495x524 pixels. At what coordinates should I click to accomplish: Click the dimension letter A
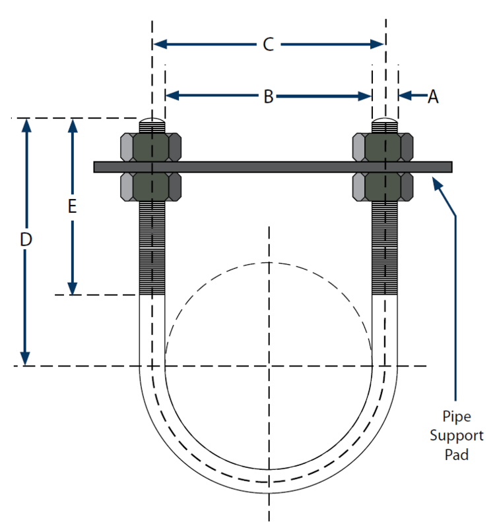[x=433, y=96]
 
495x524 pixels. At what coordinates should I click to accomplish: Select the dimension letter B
[x=269, y=96]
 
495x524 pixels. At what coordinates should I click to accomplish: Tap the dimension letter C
[x=268, y=44]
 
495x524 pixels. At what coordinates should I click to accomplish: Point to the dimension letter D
[x=26, y=241]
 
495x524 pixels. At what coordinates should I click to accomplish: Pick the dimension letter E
[x=73, y=206]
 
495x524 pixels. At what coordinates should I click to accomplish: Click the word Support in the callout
[x=457, y=436]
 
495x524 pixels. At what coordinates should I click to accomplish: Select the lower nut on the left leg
[x=152, y=187]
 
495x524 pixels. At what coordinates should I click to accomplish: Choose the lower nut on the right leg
[x=384, y=187]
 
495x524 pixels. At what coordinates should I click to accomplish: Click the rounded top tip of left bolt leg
[x=152, y=123]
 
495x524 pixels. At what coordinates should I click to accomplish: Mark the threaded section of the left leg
[x=152, y=247]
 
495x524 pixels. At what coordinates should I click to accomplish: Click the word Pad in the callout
[x=457, y=454]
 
